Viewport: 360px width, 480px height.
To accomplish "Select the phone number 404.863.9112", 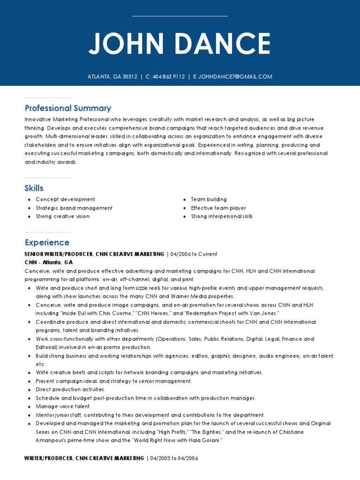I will pos(169,77).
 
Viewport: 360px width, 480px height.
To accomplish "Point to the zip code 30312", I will pos(129,77).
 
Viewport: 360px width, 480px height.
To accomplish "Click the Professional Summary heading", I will pos(68,108).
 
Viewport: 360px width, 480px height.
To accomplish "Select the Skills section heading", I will pos(34,188).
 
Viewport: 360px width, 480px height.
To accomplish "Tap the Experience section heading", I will pos(47,242).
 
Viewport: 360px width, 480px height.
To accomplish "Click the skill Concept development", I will pos(66,199).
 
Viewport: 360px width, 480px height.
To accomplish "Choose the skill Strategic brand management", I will pos(74,208).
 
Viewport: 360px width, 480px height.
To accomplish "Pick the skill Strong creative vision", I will pos(63,217).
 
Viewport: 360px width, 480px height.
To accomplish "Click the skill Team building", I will pos(209,199).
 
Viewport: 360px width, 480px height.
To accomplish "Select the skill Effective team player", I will pos(218,208).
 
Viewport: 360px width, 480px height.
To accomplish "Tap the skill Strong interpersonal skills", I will pos(222,217).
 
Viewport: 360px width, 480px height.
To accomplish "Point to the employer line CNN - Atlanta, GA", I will pos(49,262).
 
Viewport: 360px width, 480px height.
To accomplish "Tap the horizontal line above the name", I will pos(180,16).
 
